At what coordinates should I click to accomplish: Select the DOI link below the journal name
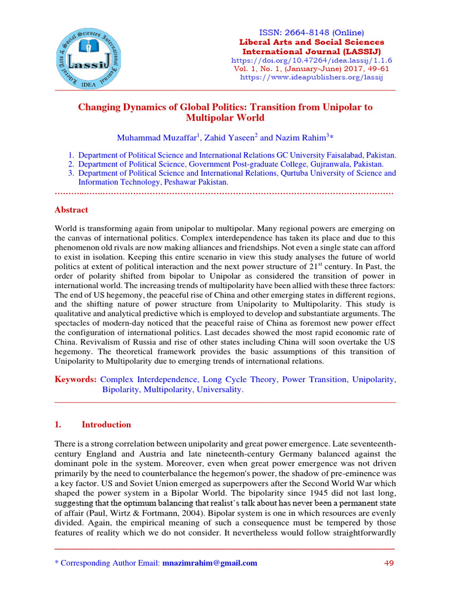(312, 61)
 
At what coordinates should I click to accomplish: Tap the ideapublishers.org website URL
(312, 78)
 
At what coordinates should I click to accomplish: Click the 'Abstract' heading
(71, 210)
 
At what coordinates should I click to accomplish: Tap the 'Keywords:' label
(75, 380)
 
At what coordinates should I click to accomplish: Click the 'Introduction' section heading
(106, 424)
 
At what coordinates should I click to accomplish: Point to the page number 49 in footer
(389, 563)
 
